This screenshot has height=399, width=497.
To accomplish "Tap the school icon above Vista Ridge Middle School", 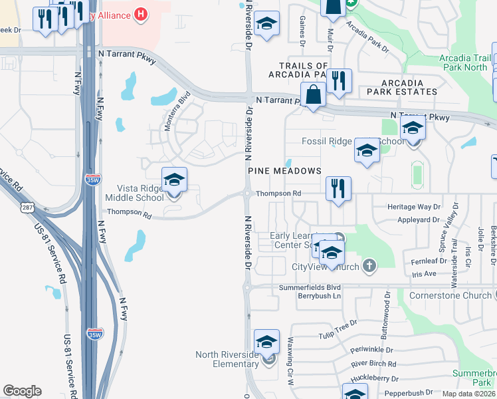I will tap(174, 180).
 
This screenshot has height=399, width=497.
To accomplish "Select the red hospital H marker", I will tap(140, 13).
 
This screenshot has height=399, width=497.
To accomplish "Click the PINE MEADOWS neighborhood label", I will tap(284, 171).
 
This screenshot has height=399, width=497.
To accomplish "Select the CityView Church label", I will tap(326, 267).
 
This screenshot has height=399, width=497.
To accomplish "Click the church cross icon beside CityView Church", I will tap(370, 267).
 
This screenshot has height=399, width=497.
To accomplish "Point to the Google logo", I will tap(22, 391).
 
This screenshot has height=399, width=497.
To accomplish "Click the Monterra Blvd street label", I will tap(178, 107).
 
